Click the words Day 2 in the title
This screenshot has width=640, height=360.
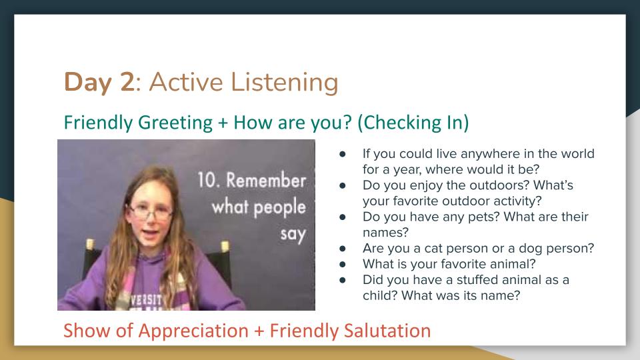99,82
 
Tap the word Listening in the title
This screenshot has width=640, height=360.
285,83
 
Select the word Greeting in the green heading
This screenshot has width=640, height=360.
175,123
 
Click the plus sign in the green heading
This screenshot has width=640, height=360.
223,123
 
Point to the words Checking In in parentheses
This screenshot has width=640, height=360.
413,123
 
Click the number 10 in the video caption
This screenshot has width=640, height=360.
207,180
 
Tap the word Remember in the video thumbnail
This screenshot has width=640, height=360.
266,180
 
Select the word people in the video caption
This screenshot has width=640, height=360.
279,207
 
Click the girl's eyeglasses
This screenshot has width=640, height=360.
150,211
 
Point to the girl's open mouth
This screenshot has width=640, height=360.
150,233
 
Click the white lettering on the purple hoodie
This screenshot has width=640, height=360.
147,301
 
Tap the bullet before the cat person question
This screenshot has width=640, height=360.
343,248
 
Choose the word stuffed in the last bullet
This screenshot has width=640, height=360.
477,279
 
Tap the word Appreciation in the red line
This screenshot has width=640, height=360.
193,331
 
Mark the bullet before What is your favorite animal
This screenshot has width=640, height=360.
343,264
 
